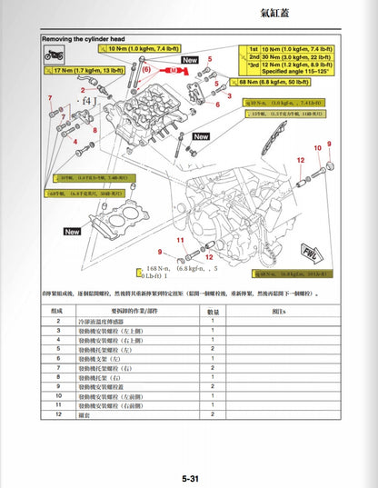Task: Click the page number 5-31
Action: pos(189,479)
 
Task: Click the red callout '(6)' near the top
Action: pos(147,69)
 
